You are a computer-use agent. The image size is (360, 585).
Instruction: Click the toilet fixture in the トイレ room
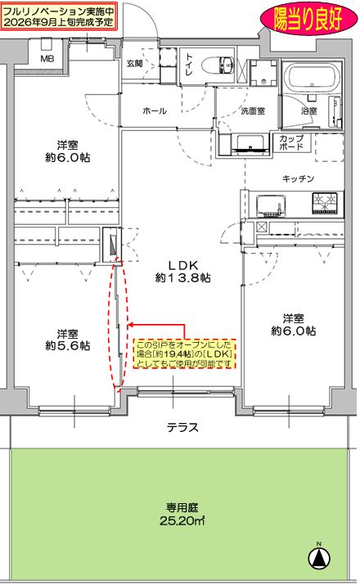click(x=218, y=65)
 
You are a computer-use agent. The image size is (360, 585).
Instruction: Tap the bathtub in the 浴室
click(x=312, y=79)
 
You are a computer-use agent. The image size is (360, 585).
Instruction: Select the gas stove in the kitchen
click(x=325, y=204)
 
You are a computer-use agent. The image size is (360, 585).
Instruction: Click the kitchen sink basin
click(x=271, y=205)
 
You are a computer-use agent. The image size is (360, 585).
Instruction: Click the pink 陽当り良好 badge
click(x=308, y=20)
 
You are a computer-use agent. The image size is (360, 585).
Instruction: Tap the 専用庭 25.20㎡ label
click(x=182, y=514)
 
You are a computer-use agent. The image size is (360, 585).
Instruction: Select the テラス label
click(x=182, y=427)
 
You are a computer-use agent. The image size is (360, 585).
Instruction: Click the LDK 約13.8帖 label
click(x=182, y=272)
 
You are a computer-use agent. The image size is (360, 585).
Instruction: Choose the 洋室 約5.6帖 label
click(x=68, y=340)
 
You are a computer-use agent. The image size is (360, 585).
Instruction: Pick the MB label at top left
click(x=47, y=59)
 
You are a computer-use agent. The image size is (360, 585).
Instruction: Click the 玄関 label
click(x=134, y=64)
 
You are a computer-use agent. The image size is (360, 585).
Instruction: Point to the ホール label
click(x=155, y=110)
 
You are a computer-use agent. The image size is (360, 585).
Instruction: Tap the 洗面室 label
click(x=253, y=110)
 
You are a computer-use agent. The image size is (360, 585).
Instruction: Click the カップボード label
click(x=291, y=142)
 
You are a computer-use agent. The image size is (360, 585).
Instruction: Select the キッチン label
click(x=299, y=178)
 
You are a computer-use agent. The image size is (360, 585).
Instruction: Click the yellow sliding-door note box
click(x=185, y=354)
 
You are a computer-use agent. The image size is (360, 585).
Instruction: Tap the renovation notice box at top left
click(x=59, y=16)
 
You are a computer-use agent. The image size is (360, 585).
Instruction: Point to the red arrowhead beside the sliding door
click(x=130, y=326)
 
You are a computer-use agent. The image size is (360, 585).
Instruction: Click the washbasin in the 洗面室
click(x=250, y=144)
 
